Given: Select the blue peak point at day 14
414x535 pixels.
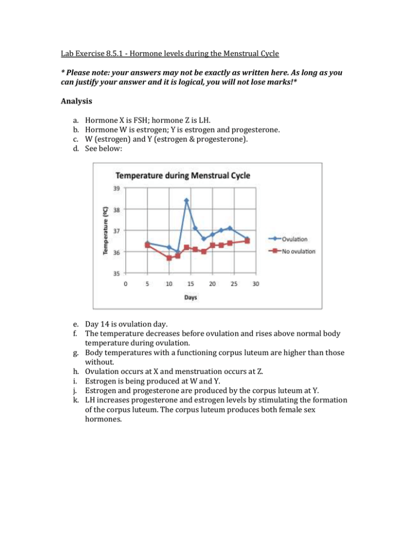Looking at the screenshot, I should (186, 200).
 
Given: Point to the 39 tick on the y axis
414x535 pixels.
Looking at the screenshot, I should (116, 188).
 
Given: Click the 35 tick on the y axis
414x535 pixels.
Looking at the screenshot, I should (116, 273).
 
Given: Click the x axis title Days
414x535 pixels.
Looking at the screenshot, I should (190, 298).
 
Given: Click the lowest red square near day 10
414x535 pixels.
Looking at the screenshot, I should (169, 258).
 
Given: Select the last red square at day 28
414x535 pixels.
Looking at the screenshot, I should (247, 241).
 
